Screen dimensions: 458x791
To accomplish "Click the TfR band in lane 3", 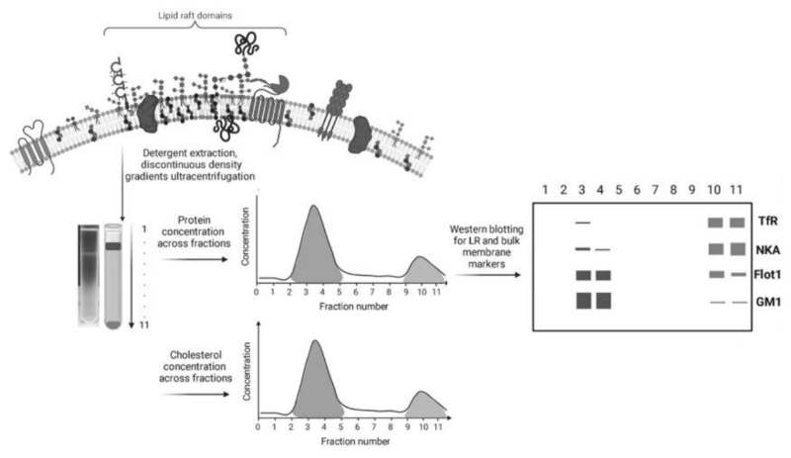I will pos(583,224).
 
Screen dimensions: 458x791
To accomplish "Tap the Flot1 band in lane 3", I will pos(583,275).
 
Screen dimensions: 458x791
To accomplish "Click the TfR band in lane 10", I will pos(715,224).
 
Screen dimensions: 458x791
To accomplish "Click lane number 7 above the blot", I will pos(659,188).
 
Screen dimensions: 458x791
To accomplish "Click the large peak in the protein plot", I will pos(314,242).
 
